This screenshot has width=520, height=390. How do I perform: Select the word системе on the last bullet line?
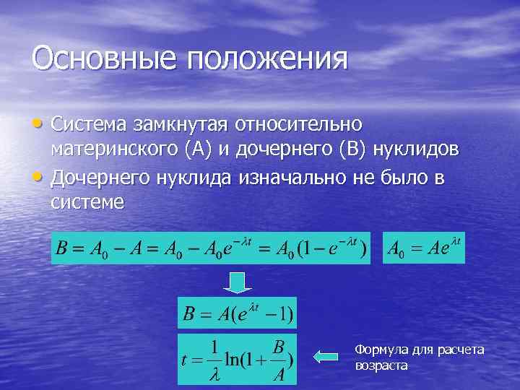coord(87,201)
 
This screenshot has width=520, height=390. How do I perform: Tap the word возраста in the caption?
coord(381,365)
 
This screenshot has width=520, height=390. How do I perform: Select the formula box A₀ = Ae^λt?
coord(425,248)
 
